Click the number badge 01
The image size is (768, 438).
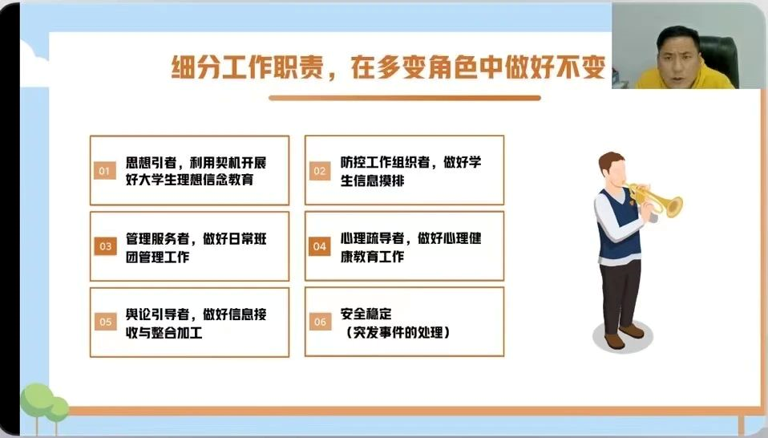click(105, 171)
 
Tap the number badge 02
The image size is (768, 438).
click(320, 171)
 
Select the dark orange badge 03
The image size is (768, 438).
click(105, 246)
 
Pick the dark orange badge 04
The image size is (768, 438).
click(320, 246)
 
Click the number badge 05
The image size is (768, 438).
click(105, 322)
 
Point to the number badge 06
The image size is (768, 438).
click(320, 322)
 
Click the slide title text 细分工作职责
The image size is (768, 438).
click(247, 67)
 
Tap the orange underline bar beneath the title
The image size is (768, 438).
click(405, 98)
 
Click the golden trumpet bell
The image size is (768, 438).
click(674, 206)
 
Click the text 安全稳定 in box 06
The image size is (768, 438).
click(366, 313)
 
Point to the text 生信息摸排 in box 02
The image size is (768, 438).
click(372, 180)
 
